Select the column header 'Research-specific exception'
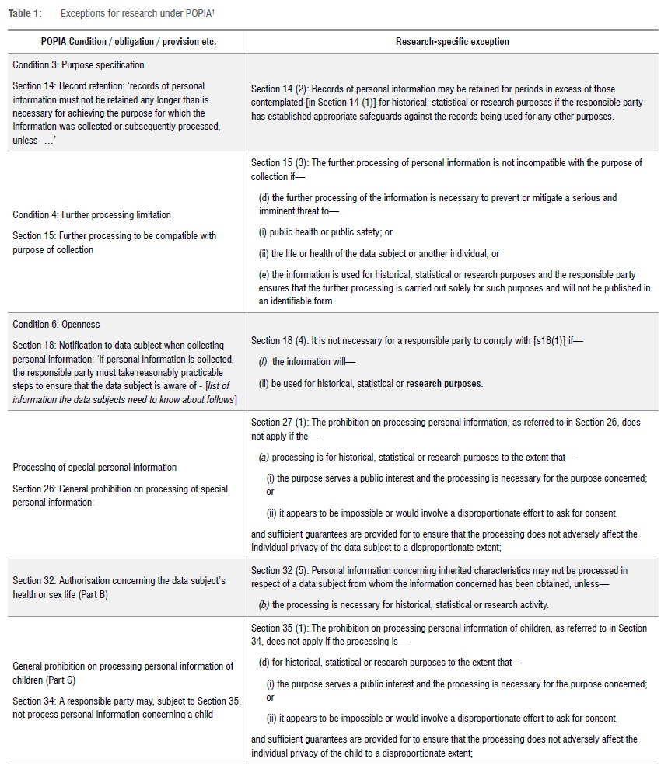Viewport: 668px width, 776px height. (x=453, y=41)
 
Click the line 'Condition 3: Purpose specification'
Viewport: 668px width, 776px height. (x=79, y=65)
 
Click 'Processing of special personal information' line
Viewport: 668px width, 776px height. (x=95, y=468)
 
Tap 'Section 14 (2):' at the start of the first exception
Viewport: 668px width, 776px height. (x=279, y=89)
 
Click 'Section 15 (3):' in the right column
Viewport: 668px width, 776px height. (x=279, y=163)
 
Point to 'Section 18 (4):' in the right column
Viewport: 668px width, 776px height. (x=279, y=340)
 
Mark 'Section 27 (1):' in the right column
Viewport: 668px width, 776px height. (x=279, y=422)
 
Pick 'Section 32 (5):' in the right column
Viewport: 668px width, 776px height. (x=279, y=571)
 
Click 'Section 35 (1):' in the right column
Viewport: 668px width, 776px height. (x=279, y=628)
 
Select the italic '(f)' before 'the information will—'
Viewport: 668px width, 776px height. (x=263, y=362)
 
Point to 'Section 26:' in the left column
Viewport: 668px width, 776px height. (x=35, y=489)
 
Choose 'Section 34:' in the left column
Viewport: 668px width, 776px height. (x=35, y=701)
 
